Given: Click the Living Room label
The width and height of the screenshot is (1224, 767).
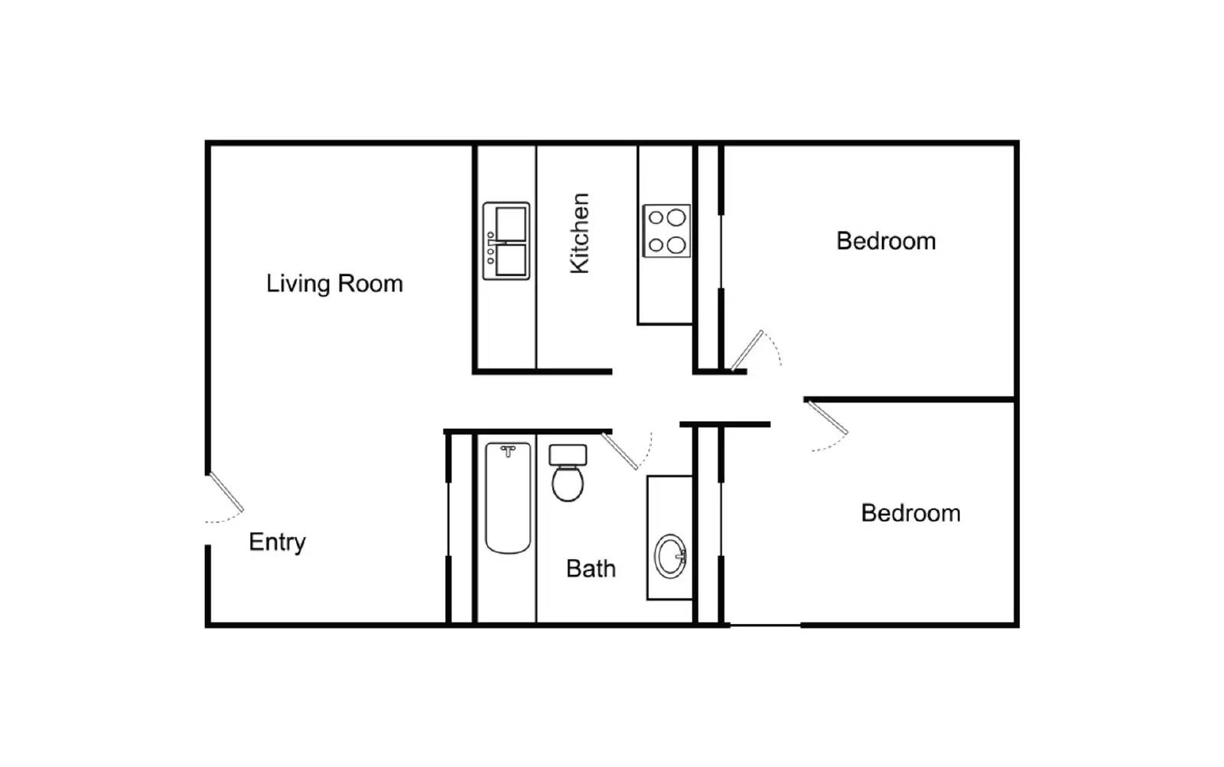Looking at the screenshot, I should point(334,284).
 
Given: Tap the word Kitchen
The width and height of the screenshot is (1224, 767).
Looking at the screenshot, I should point(580,233).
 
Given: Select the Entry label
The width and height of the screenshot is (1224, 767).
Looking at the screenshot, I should point(277,542).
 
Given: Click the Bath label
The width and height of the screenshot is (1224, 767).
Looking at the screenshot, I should point(591,568).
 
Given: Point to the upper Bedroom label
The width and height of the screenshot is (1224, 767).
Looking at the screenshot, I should point(886,241).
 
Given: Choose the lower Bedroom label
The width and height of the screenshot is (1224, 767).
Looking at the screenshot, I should point(910,512).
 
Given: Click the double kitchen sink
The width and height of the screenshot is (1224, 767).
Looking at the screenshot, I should point(506,241).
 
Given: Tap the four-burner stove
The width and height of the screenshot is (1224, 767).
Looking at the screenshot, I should point(666,231).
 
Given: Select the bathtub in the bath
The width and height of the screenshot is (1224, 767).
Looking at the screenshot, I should point(508,501).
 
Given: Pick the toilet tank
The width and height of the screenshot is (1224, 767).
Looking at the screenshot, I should point(568,455).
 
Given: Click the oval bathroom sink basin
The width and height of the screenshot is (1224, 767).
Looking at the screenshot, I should point(670,556).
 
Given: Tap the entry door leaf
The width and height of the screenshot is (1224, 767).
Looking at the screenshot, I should point(226,492).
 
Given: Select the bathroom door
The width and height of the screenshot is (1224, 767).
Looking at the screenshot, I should point(620,451).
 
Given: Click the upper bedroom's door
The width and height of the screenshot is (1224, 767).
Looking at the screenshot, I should point(747,350).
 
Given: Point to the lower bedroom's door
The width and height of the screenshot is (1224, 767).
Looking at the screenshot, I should point(827,417).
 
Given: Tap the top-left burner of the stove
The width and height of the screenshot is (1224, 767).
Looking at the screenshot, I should point(656,218).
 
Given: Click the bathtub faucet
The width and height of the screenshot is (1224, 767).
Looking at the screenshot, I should point(508,451).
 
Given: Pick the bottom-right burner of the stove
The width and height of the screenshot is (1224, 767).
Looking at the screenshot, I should point(676,245).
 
